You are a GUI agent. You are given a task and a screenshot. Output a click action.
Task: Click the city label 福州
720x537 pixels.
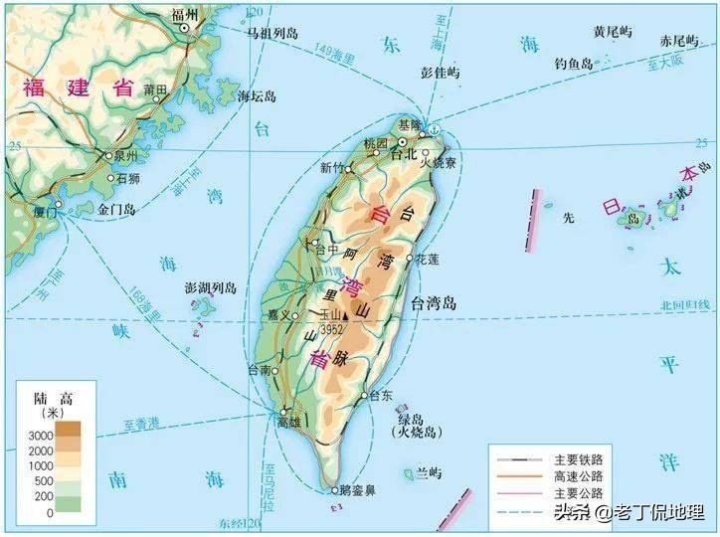pos(184,14)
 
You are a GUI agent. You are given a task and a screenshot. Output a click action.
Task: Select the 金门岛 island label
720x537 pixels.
pos(115,210)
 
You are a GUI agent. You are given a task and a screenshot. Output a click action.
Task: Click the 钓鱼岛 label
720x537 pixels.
pos(573,64)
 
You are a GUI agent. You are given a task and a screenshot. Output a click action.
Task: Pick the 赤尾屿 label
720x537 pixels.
pos(679,41)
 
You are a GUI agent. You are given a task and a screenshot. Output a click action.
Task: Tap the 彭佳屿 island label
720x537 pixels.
pos(441,73)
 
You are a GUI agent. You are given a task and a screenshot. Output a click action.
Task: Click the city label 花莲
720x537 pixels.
pos(427,259)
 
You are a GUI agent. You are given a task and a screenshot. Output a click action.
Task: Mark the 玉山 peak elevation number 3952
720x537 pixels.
pos(332,328)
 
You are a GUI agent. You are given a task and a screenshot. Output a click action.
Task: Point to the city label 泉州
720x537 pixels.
pos(127,156)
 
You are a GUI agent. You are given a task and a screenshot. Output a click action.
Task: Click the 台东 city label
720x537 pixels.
pos(381,395)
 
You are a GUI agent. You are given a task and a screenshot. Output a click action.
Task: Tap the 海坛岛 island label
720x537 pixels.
pos(257,96)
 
